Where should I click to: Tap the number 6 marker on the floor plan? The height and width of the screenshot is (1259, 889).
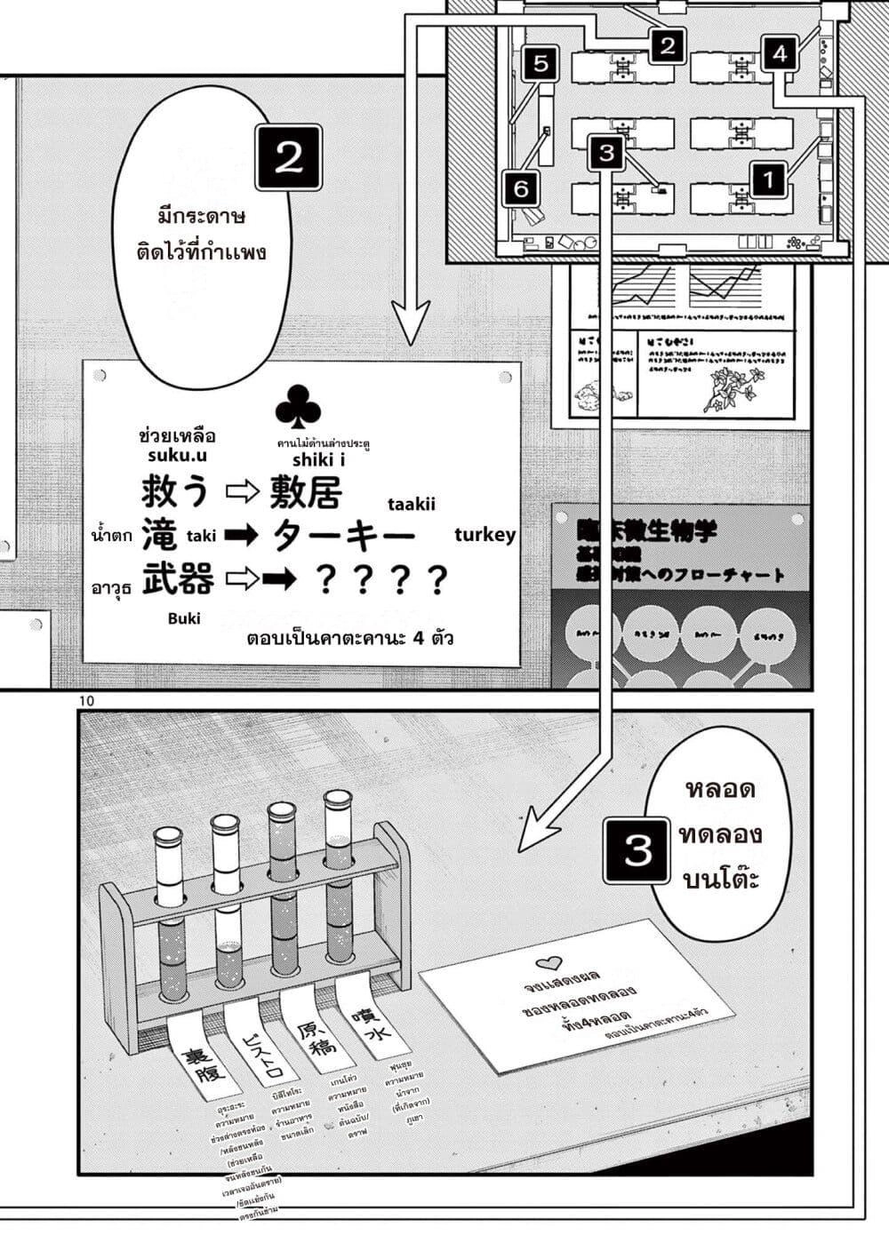point(522,187)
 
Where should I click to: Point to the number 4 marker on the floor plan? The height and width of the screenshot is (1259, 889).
point(780,53)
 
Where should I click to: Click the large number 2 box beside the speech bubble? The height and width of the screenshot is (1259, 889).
point(288,157)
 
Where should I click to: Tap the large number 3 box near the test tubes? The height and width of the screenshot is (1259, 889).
point(637,850)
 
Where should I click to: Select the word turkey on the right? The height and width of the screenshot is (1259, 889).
point(485,534)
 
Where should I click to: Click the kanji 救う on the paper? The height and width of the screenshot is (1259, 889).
point(175,490)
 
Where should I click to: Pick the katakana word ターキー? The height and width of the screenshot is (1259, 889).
point(343,536)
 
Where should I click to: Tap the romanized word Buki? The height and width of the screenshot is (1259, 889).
point(184,618)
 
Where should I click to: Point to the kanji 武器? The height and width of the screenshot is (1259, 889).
point(178,579)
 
